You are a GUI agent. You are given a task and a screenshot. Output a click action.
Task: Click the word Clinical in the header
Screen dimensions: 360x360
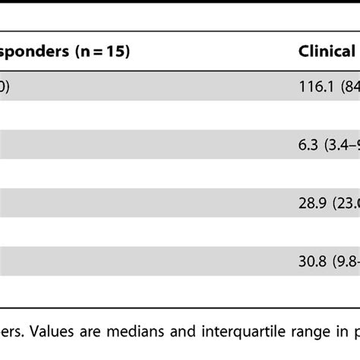coord(327,52)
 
